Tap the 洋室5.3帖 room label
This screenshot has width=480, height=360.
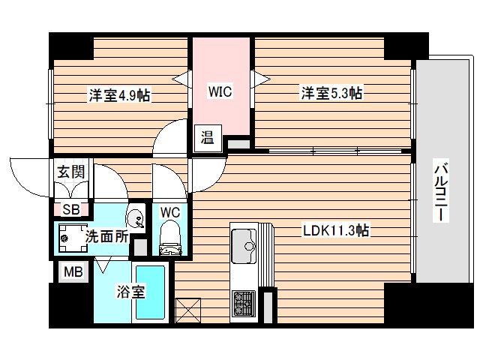tap(332, 93)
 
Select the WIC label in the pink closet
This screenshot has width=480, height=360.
tap(220, 92)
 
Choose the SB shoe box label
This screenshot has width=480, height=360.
tap(71, 210)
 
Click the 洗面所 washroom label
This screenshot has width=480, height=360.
tap(106, 236)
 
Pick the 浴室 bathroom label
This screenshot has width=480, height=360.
tap(130, 292)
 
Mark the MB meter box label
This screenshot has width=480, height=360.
tap(72, 271)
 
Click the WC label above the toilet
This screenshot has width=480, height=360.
tap(171, 211)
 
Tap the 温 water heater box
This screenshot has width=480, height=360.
tap(207, 137)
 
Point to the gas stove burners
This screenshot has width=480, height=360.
tap(244, 303)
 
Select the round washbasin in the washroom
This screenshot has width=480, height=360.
tap(136, 219)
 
